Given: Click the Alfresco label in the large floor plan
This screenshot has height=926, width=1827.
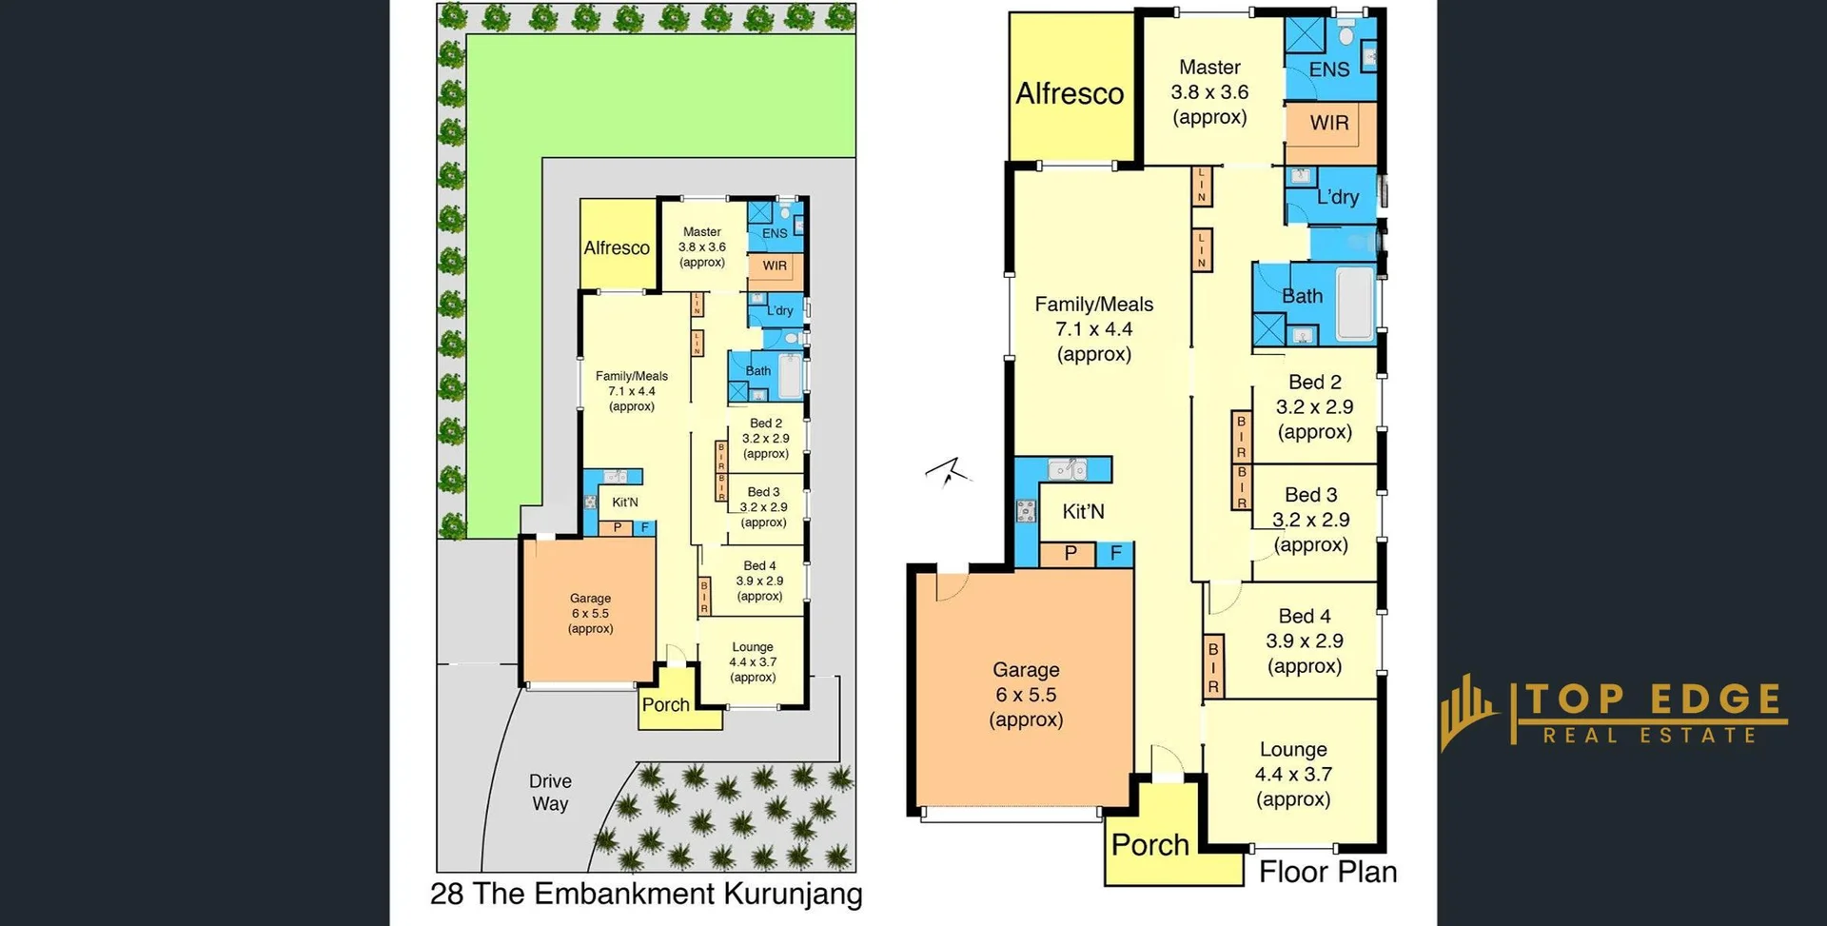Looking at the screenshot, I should [x=1070, y=93].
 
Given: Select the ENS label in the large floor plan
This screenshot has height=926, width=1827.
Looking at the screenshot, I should [x=1329, y=69].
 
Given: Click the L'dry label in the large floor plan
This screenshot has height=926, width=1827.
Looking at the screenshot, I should [x=1338, y=197].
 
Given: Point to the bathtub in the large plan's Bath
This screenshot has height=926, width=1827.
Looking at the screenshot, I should [x=1355, y=304].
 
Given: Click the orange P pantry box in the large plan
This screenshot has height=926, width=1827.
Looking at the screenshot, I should [x=1071, y=554].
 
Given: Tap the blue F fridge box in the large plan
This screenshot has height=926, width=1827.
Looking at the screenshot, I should [x=1116, y=554].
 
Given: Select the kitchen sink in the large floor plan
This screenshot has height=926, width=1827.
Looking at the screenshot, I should [x=1068, y=468].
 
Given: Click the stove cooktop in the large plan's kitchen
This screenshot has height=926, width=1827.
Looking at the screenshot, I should [x=1026, y=512].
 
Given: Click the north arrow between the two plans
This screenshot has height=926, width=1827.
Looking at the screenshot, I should [x=948, y=471].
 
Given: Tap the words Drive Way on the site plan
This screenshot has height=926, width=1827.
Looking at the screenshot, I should [x=550, y=792].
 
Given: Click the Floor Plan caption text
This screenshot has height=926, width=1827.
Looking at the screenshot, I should [x=1327, y=872].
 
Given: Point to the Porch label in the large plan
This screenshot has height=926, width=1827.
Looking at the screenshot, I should [x=1149, y=845].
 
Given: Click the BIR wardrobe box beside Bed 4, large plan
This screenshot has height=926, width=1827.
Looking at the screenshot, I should [x=1213, y=665].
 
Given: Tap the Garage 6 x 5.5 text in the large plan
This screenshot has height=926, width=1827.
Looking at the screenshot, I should [x=1026, y=695].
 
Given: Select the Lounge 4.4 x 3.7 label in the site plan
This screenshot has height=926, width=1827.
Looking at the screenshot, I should [x=753, y=661].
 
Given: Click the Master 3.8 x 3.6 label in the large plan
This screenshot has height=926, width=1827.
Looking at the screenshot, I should [x=1209, y=92].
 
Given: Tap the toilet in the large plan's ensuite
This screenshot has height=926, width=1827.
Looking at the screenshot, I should [x=1346, y=35].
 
